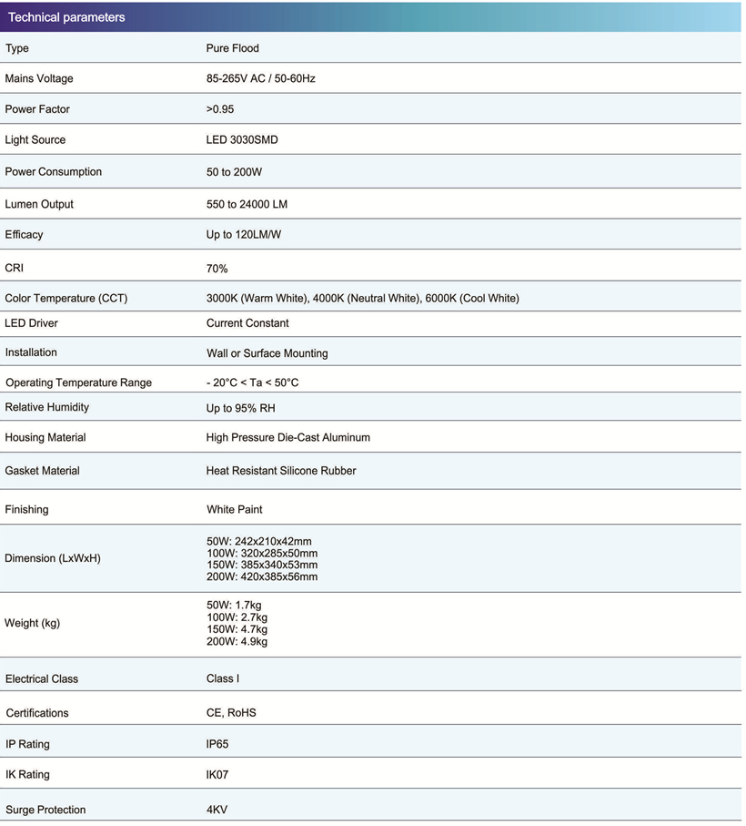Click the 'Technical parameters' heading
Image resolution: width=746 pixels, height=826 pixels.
click(66, 17)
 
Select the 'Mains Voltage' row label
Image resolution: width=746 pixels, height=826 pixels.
click(39, 78)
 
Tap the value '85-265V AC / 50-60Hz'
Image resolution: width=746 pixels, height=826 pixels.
click(261, 78)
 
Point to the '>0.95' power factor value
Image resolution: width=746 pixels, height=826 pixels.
click(220, 109)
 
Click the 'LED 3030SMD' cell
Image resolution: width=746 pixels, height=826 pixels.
click(241, 140)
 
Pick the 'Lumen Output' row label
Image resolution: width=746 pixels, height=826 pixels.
click(39, 204)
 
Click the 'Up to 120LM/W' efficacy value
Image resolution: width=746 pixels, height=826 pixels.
click(244, 235)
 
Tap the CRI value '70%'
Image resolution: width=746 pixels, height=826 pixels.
click(217, 269)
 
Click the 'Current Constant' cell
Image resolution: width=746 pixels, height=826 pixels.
click(247, 323)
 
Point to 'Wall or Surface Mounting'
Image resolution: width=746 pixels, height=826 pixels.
click(267, 353)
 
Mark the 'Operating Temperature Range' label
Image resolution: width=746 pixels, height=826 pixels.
click(79, 382)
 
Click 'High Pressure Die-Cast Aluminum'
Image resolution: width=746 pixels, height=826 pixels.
click(288, 438)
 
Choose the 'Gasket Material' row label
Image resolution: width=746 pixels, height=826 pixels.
click(42, 471)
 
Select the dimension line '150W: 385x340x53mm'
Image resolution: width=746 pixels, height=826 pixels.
click(262, 565)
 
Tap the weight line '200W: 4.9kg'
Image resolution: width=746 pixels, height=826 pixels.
click(237, 641)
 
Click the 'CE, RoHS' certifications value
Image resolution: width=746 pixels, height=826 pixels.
click(231, 713)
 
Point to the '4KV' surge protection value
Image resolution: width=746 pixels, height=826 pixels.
click(217, 810)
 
